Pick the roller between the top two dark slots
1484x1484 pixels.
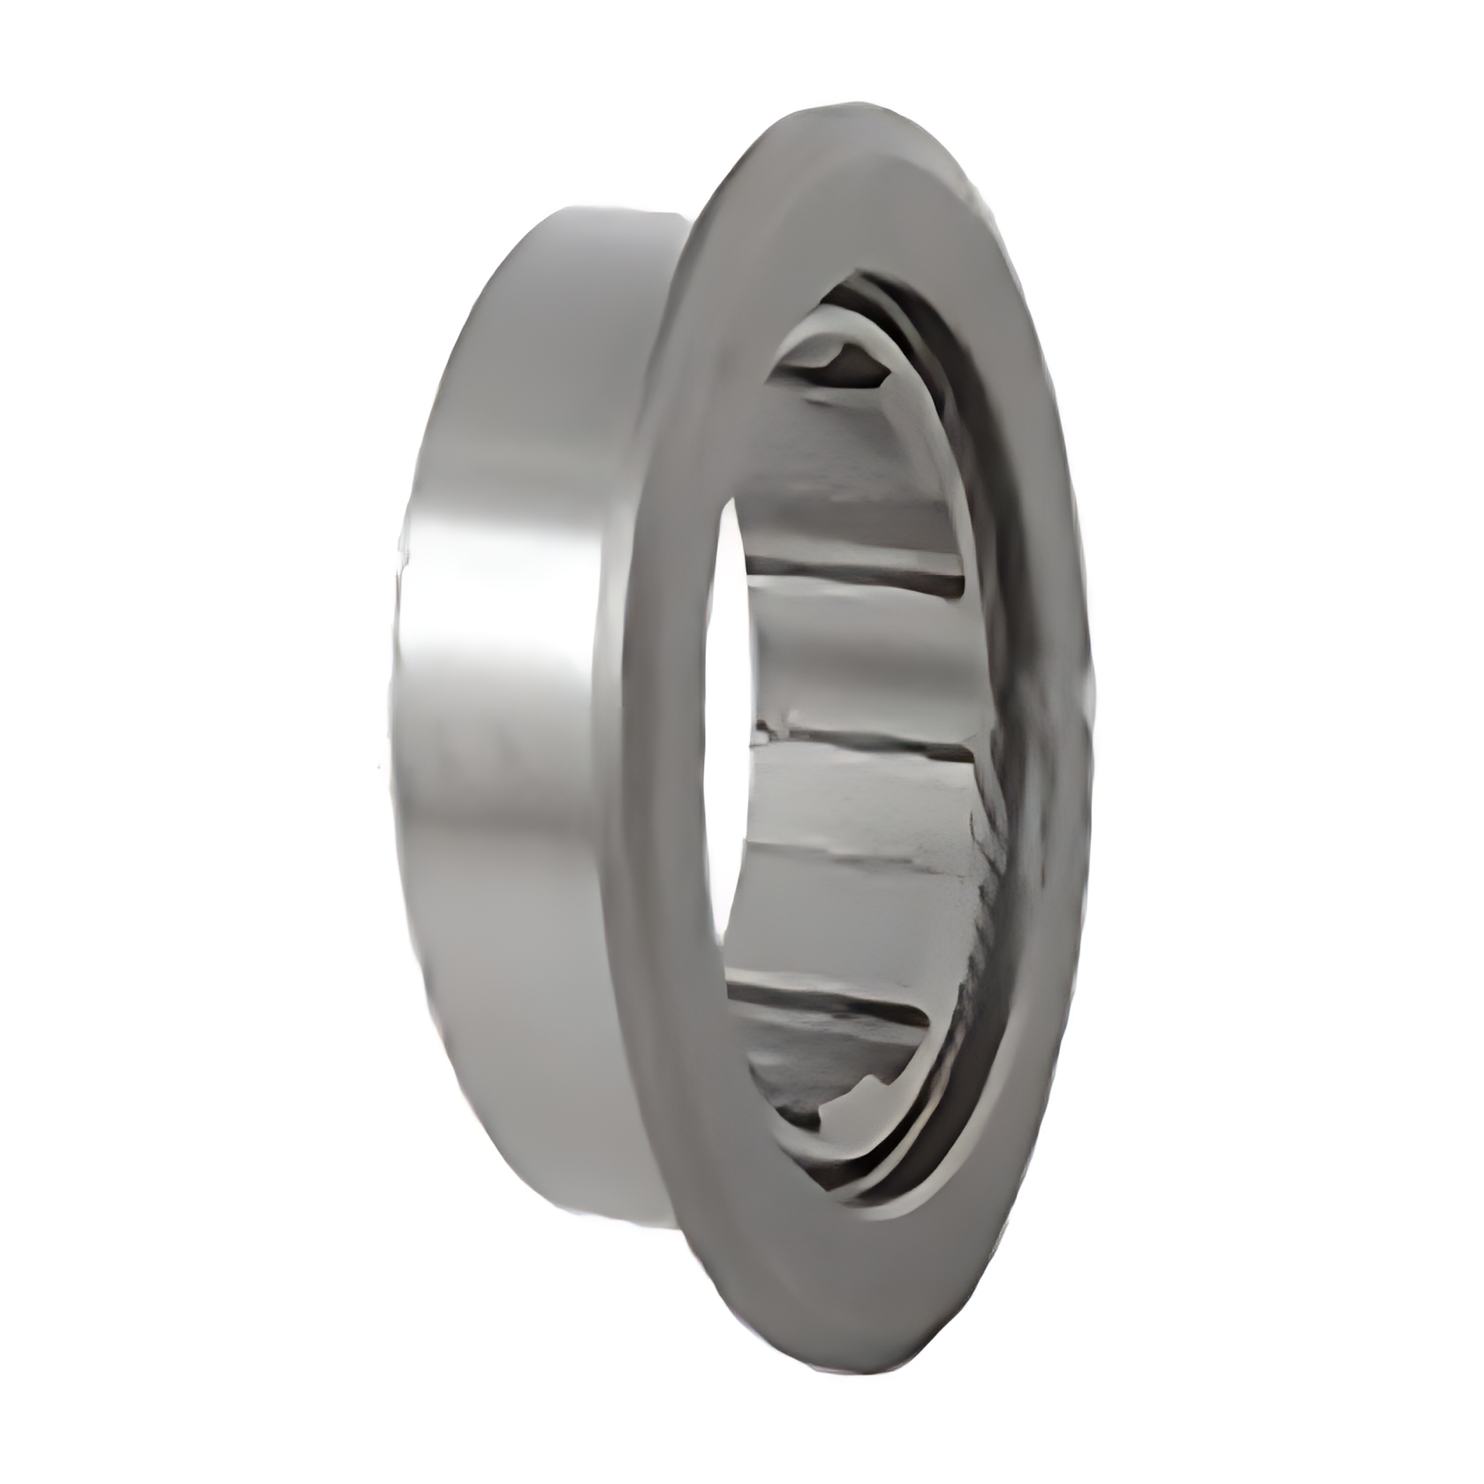[x=861, y=654]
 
